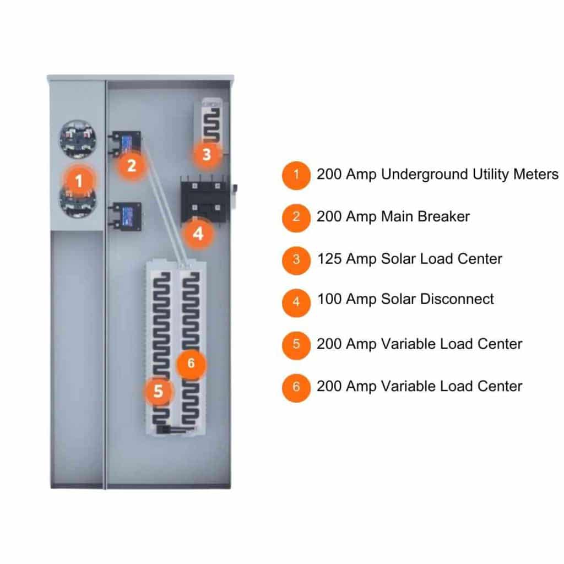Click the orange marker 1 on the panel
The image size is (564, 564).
pos(79,180)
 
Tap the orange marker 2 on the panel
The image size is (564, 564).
pos(131,165)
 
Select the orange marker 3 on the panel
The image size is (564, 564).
pos(206,154)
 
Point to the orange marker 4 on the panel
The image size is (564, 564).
pos(198,234)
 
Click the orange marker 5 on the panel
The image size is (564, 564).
pos(158,391)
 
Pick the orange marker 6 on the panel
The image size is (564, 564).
pos(191,363)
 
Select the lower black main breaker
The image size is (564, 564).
pos(128,216)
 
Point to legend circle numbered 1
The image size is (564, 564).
pos(296,176)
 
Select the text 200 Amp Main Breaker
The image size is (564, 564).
pos(393,216)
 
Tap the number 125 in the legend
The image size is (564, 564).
pos(329,258)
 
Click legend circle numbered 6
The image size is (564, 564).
pos(296,387)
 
